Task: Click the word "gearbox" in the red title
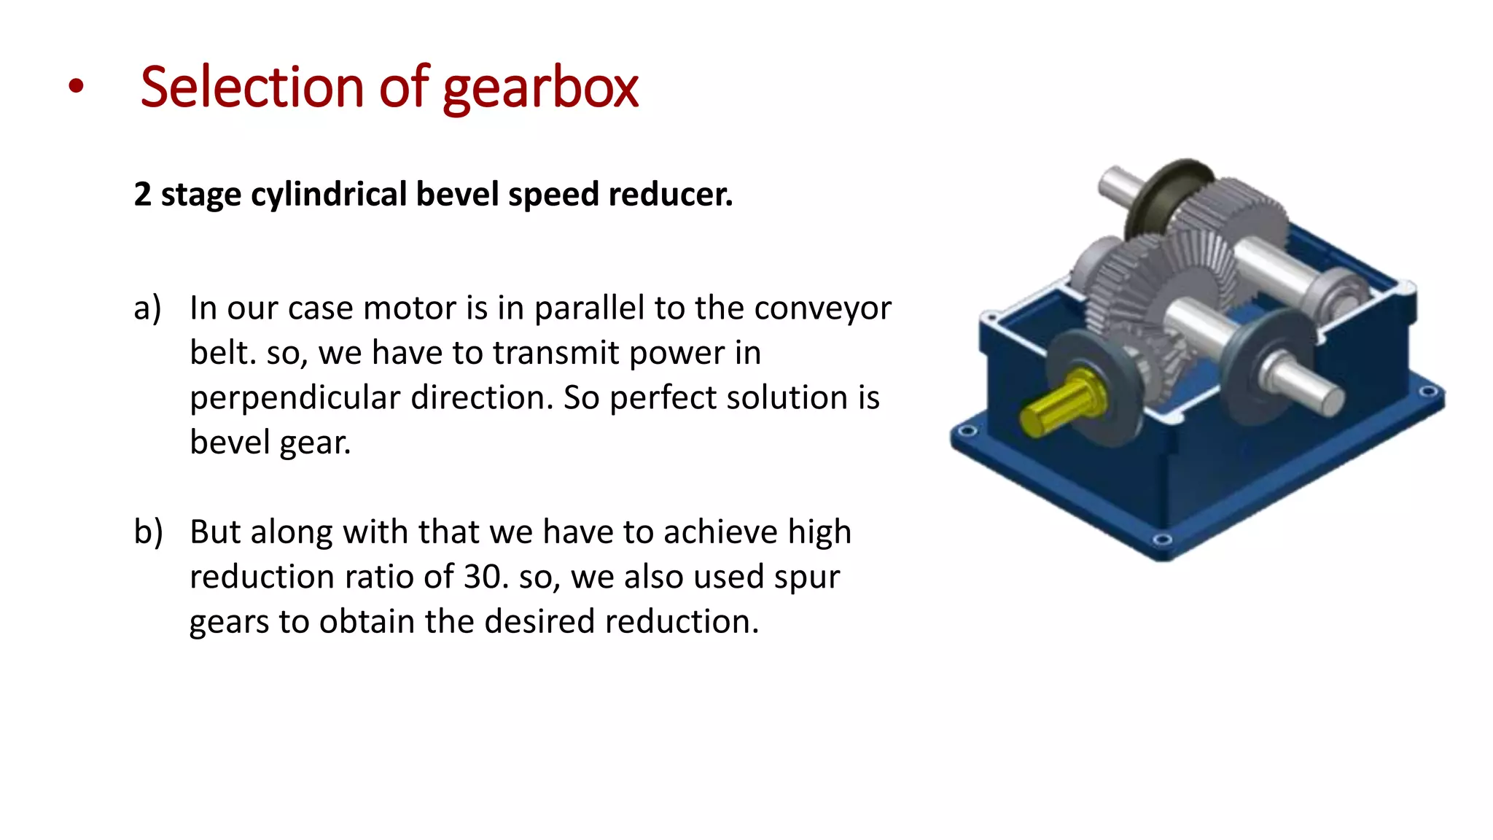[540, 88]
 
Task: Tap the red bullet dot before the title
[76, 87]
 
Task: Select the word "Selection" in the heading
[252, 87]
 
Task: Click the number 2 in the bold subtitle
[142, 195]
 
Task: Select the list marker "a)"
[147, 308]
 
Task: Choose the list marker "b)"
[148, 532]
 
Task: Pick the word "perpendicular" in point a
[295, 398]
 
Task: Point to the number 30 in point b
[482, 577]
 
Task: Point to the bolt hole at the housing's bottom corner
[1163, 540]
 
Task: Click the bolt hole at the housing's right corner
[1430, 392]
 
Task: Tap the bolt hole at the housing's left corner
[967, 431]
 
